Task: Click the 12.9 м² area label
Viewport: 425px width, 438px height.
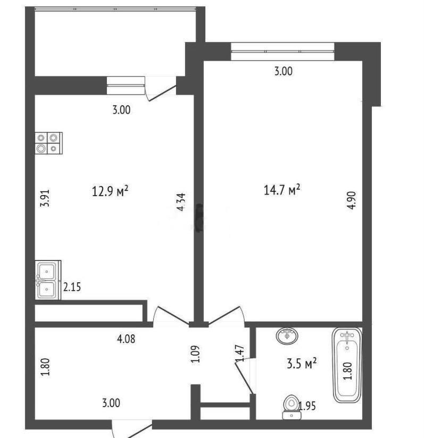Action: [x=110, y=191]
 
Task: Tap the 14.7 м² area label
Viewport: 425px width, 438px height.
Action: [x=282, y=190]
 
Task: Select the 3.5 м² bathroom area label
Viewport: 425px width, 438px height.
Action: [x=302, y=364]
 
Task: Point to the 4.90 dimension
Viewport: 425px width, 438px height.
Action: [x=352, y=200]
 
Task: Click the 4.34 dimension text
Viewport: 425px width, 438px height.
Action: [x=181, y=202]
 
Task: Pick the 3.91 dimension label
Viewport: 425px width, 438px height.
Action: [x=45, y=198]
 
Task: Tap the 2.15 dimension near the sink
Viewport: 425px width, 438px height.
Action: [x=72, y=287]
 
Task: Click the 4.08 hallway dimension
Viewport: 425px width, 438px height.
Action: [x=126, y=339]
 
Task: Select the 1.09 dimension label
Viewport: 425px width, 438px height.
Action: [x=195, y=354]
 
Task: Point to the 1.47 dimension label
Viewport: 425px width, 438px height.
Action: [x=240, y=353]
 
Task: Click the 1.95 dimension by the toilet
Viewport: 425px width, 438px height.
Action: [x=307, y=406]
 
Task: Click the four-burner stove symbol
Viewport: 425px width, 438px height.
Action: [x=48, y=143]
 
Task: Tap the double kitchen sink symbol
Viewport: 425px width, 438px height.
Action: [x=48, y=280]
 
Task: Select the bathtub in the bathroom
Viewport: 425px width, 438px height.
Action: [x=347, y=365]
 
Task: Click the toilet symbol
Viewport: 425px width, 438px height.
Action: [x=291, y=407]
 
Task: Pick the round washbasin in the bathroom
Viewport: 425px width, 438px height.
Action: [x=287, y=335]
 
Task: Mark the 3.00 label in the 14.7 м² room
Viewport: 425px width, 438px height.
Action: [x=283, y=71]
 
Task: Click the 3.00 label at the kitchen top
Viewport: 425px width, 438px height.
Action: [x=121, y=110]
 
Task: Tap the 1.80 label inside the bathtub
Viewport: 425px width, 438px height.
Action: [x=347, y=370]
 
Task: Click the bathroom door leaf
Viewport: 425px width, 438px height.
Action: [x=245, y=377]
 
